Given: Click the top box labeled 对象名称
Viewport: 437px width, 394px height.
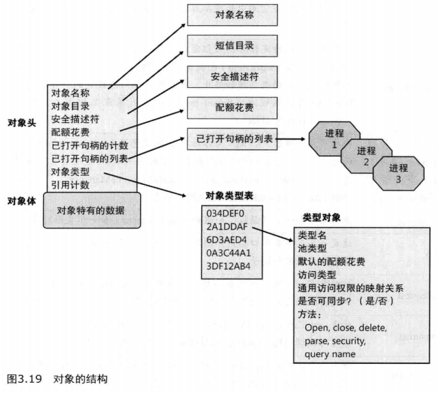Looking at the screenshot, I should [x=232, y=14].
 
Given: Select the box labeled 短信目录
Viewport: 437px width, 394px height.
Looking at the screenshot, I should [x=232, y=45].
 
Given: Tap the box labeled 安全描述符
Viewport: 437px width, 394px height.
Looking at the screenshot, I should [x=232, y=76].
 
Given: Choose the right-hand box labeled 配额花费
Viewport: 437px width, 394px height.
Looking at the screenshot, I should [x=232, y=108].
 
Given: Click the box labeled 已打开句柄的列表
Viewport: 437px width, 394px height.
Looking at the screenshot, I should [x=232, y=140].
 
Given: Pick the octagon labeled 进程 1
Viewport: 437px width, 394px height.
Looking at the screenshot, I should [x=334, y=138].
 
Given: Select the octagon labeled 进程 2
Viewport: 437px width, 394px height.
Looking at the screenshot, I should [x=366, y=156].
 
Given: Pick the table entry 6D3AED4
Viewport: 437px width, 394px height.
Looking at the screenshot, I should [x=225, y=240].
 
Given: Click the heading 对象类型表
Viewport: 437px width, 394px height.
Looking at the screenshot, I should [x=227, y=196].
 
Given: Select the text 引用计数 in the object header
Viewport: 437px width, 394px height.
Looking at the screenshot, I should [x=69, y=184].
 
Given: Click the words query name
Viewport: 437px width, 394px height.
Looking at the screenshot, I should [x=330, y=354].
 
